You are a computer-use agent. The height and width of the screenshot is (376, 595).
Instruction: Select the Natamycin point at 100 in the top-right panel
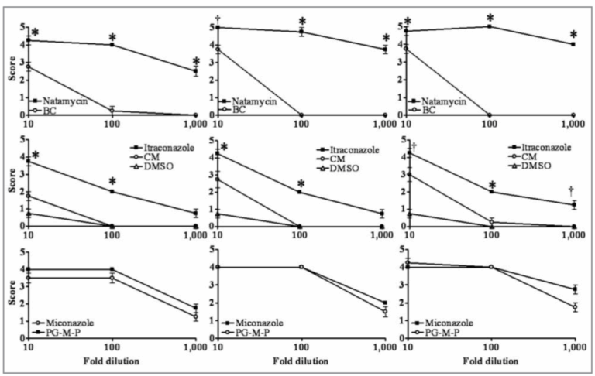(490, 26)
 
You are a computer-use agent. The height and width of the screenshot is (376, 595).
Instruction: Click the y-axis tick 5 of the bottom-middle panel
(211, 250)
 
